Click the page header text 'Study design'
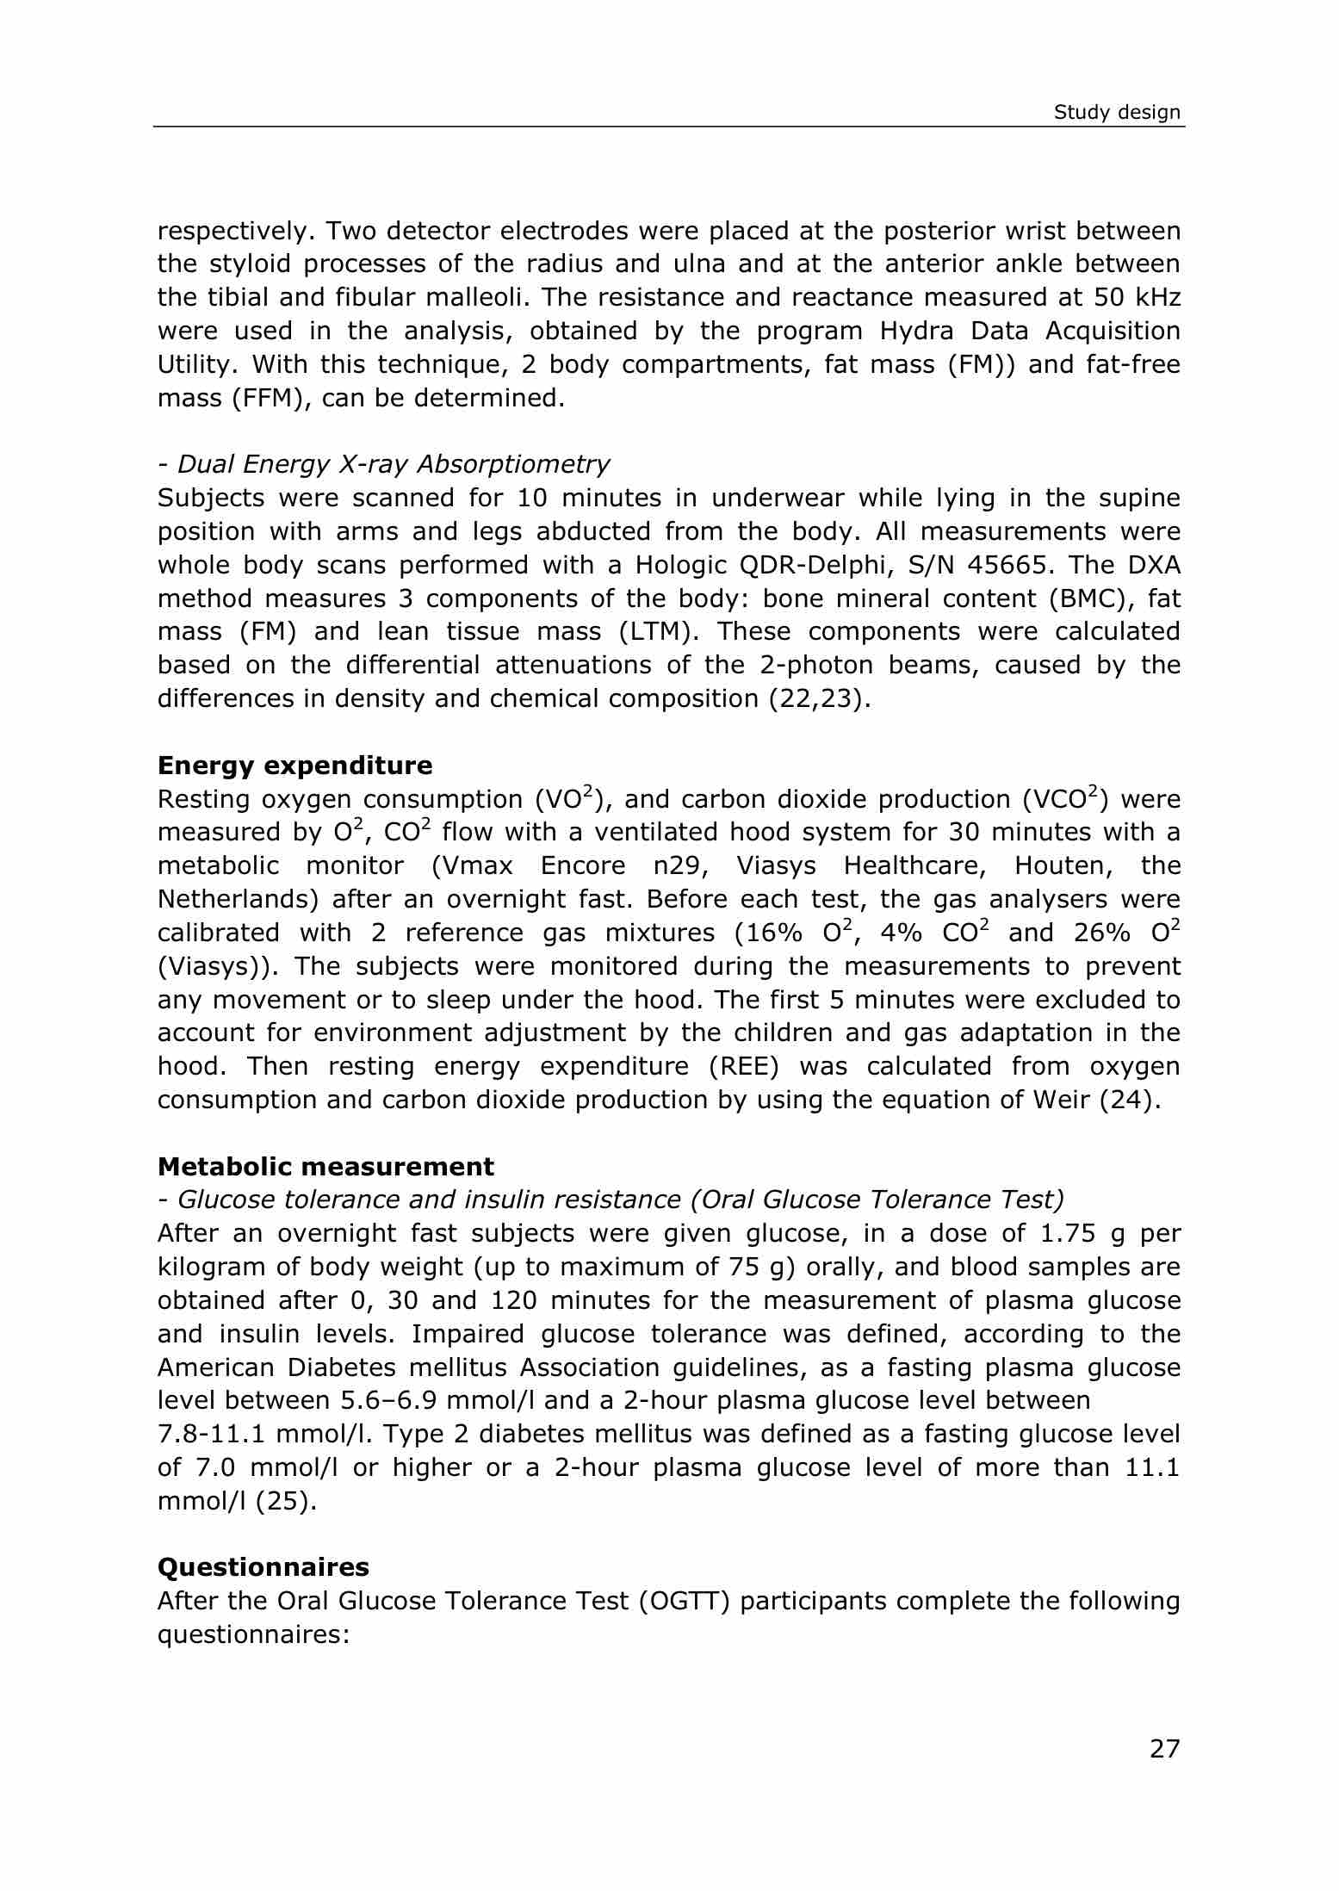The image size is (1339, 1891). [1117, 113]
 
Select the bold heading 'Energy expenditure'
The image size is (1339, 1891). [294, 766]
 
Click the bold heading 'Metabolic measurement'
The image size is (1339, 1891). [325, 1167]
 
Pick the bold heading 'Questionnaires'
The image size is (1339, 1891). [263, 1566]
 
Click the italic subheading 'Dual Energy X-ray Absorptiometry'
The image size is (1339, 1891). [393, 464]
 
